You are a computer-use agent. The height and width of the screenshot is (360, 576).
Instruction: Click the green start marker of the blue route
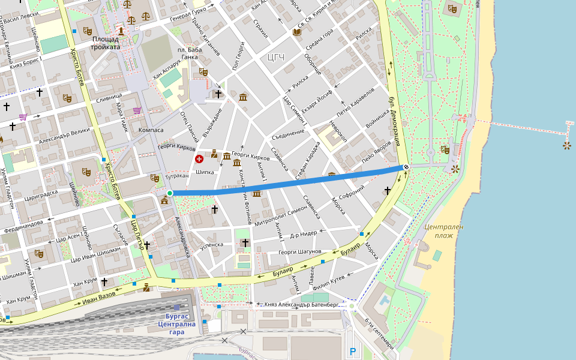click(x=170, y=193)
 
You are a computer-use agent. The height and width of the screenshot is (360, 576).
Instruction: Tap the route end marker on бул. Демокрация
click(x=406, y=167)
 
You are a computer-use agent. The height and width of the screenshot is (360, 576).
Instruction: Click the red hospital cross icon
click(x=199, y=158)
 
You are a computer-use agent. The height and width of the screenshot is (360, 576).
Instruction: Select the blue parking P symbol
click(x=353, y=352)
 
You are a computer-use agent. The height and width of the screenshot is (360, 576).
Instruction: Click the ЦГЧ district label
click(x=275, y=58)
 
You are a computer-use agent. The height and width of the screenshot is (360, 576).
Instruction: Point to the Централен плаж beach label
click(x=443, y=231)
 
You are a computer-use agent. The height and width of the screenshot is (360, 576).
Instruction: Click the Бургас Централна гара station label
click(x=176, y=324)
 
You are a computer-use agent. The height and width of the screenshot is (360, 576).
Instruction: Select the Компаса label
click(x=151, y=130)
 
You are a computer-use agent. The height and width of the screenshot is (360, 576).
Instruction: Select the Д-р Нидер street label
click(x=303, y=234)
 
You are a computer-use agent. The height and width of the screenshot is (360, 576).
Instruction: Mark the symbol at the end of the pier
click(x=566, y=145)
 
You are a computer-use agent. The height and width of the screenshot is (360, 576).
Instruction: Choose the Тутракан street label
click(x=177, y=177)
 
